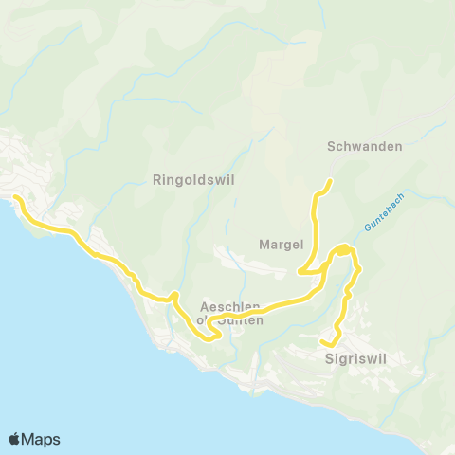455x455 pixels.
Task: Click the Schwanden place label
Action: (365, 147)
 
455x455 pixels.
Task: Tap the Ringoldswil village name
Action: (193, 178)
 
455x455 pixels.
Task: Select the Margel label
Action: (281, 245)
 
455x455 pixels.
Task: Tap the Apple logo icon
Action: (15, 439)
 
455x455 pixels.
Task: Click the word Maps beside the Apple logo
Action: (42, 439)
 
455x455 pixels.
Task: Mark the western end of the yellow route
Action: (16, 198)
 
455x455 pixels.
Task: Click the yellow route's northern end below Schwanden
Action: (329, 182)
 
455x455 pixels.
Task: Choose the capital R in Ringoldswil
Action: (157, 178)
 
